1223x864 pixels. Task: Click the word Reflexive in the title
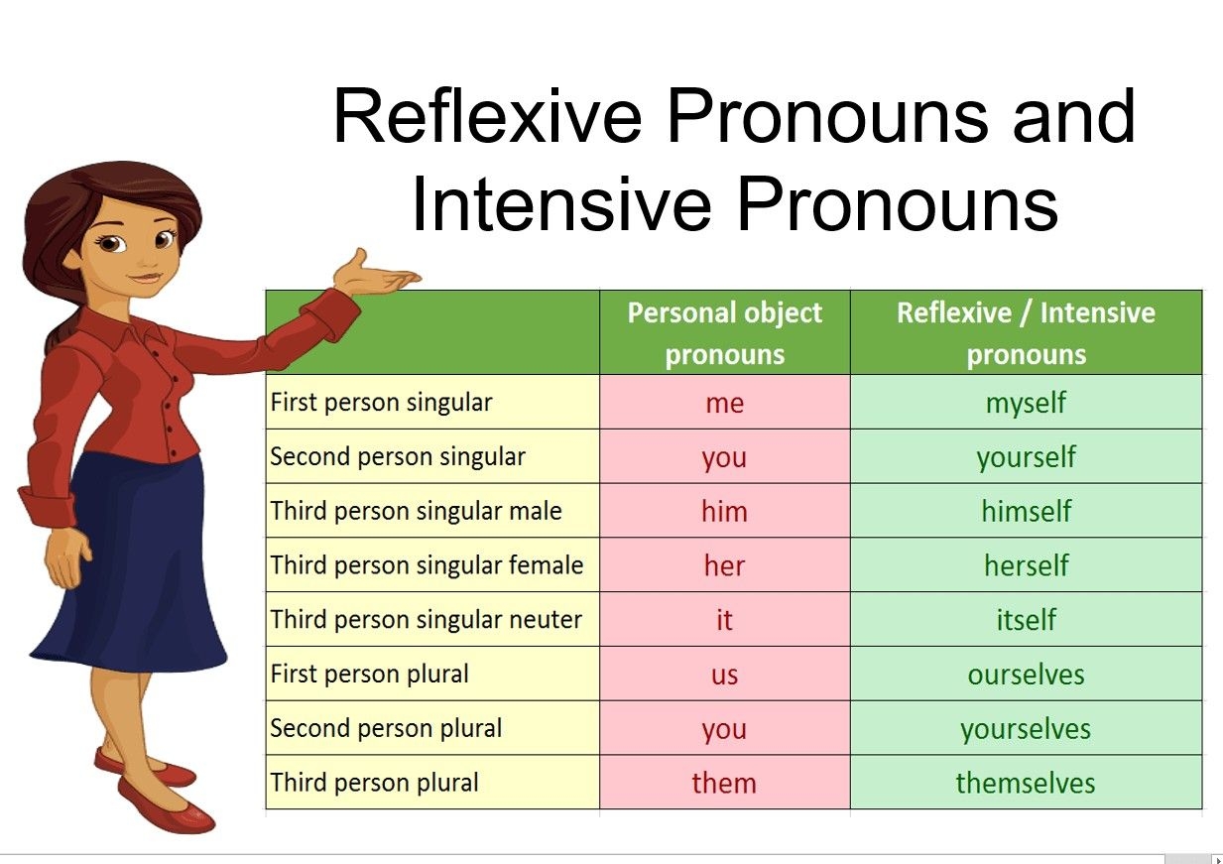[489, 116]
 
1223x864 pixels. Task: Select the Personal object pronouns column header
[724, 333]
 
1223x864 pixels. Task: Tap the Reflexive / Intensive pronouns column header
[1026, 333]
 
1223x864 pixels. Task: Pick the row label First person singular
[381, 403]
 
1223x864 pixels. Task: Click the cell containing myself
[1026, 403]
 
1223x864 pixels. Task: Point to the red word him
[724, 512]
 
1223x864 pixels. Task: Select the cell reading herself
[1026, 565]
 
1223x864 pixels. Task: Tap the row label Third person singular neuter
[427, 620]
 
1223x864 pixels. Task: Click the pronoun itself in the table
[1026, 620]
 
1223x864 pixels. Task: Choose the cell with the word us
[724, 675]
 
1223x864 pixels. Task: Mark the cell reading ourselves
[1026, 675]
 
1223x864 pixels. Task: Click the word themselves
[1026, 783]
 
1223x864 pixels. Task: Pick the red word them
[724, 783]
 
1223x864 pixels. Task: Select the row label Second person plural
[386, 728]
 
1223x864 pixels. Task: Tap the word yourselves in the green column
[1026, 729]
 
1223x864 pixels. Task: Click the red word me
[724, 403]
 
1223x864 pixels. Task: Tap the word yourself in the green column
[1026, 457]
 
